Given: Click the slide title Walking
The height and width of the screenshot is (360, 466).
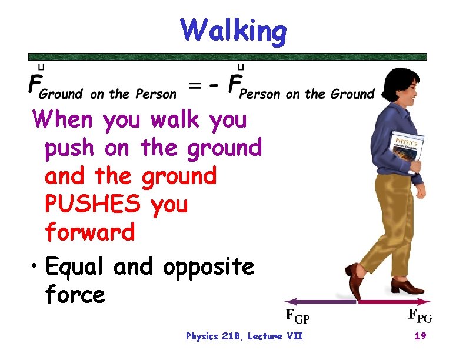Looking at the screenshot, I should tap(234, 30).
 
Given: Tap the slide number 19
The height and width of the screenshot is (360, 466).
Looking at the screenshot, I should tap(421, 336).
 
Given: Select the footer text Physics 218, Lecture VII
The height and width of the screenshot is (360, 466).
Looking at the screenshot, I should tap(244, 336).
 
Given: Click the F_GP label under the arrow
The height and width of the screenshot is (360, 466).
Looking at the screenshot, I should tap(297, 317).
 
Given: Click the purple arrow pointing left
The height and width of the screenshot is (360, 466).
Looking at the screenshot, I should tap(318, 301).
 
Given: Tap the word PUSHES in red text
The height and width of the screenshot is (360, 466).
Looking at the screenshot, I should tap(94, 205).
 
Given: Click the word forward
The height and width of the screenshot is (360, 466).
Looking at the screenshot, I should tap(90, 232).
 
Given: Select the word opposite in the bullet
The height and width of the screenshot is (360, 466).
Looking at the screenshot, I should tap(208, 267).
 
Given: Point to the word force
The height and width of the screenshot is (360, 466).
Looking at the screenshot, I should tap(75, 294).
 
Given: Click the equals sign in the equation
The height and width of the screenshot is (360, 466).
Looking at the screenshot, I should tap(195, 86).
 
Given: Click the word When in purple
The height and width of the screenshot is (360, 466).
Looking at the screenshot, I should tap(63, 121).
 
